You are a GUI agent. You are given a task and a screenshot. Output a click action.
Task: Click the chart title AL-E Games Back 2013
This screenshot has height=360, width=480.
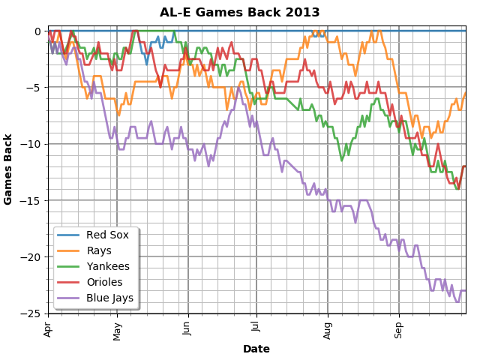(x=240, y=13)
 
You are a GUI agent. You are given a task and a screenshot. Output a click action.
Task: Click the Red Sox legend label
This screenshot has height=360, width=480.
(x=107, y=235)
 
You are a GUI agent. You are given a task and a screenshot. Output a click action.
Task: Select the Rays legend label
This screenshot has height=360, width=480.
(x=100, y=250)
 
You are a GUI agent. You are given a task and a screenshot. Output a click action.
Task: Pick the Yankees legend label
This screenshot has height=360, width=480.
(x=107, y=266)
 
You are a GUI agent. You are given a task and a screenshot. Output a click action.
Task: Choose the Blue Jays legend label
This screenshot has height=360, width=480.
(x=109, y=298)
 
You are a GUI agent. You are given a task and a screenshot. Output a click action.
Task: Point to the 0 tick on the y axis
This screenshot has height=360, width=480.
(x=37, y=31)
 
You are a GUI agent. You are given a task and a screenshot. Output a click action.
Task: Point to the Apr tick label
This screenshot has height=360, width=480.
(x=48, y=328)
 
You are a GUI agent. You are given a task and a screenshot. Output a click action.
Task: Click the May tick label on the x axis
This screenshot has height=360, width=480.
(x=117, y=330)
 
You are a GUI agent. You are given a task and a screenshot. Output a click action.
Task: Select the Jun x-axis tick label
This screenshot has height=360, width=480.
(x=187, y=328)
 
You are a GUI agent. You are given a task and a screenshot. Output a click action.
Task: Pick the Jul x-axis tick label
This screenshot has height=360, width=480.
(x=256, y=328)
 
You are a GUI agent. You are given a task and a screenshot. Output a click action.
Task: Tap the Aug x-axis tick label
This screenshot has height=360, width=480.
(x=327, y=329)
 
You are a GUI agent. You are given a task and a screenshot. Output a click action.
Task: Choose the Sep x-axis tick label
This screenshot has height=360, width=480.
(x=398, y=328)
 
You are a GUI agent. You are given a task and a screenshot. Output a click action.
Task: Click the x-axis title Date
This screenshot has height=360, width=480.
(x=256, y=349)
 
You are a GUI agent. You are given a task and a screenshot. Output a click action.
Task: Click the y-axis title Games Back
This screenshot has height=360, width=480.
(x=8, y=169)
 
